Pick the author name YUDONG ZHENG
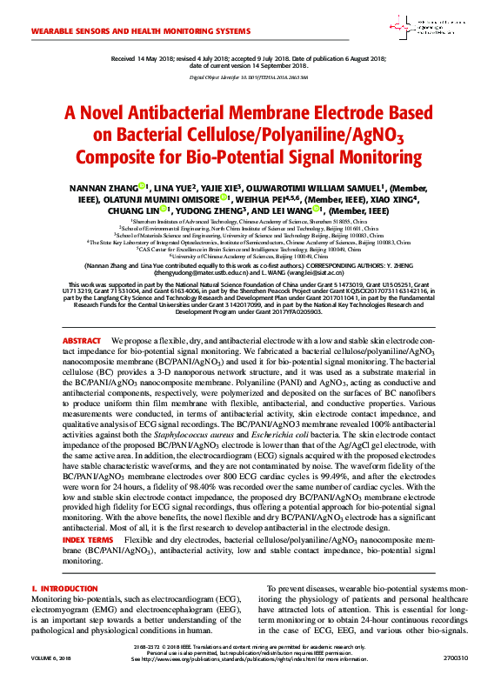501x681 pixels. tap(213, 210)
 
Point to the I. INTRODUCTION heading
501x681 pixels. tap(64, 591)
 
